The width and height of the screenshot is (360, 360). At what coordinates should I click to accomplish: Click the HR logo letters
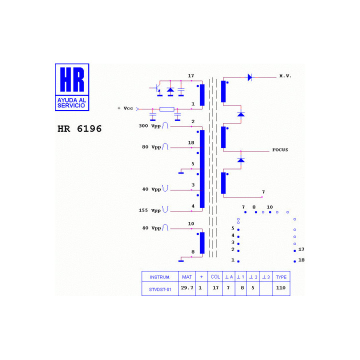[72, 79]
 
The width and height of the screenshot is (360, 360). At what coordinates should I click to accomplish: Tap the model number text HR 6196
[79, 129]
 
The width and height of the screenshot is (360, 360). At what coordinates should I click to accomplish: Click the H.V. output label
[285, 76]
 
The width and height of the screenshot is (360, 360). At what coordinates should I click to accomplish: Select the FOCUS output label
[280, 150]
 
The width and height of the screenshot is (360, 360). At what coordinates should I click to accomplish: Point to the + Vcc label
[125, 108]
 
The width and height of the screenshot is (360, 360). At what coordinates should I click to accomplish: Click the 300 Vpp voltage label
[149, 126]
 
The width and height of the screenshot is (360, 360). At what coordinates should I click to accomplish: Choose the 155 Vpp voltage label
[149, 210]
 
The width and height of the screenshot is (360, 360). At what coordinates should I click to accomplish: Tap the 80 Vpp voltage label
[151, 147]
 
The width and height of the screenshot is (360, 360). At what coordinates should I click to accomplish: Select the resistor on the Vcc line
[167, 109]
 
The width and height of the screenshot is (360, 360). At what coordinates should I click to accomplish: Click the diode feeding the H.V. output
[250, 77]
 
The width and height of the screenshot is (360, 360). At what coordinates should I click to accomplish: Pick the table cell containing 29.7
[187, 288]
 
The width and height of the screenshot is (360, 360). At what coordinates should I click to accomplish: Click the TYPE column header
[281, 277]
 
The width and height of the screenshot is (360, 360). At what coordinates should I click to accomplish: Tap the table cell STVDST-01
[160, 289]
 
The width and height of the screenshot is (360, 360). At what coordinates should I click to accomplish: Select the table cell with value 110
[281, 288]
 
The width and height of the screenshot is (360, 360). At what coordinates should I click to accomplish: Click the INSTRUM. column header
[160, 277]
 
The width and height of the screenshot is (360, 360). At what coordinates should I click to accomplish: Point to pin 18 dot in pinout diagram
[295, 261]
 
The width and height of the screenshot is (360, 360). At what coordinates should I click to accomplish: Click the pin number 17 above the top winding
[191, 76]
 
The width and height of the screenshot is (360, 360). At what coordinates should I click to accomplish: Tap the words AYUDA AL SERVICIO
[71, 103]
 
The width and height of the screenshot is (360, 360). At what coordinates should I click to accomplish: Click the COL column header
[215, 277]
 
